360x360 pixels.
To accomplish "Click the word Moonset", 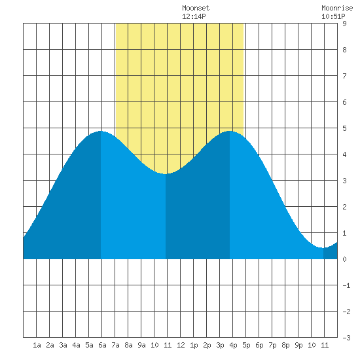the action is click(196, 8).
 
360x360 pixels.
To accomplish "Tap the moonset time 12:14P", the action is click(194, 16).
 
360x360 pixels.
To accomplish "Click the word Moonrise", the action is click(337, 8).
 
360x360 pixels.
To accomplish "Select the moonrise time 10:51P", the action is click(333, 16).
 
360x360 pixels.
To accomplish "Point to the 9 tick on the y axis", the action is click(344, 24).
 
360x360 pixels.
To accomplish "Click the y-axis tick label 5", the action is click(344, 128).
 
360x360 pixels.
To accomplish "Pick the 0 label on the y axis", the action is click(344, 259).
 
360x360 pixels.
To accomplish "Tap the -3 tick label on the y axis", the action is click(346, 338).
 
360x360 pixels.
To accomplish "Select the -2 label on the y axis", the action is click(346, 312).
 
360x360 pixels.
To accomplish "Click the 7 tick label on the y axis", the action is click(344, 76).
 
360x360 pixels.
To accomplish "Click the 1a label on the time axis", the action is click(37, 345).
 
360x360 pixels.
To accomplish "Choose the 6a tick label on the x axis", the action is click(102, 345).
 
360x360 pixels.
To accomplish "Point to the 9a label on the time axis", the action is click(141, 345).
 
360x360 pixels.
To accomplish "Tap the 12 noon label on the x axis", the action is click(181, 345).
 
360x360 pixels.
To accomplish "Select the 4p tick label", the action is click(233, 345).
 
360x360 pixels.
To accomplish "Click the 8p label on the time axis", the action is click(285, 345).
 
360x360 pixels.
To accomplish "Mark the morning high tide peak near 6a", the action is click(101, 131).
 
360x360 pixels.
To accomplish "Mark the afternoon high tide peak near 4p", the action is click(230, 131).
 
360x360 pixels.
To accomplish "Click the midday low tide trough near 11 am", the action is click(166, 174).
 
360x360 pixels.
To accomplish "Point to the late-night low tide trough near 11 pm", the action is click(323, 248).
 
